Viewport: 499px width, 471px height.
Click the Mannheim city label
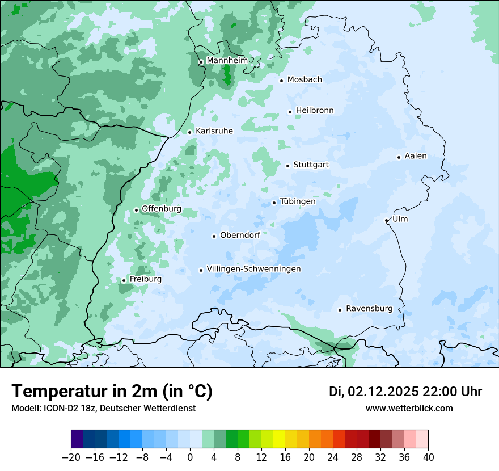[x=227, y=60]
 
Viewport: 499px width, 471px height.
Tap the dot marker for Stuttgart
[x=288, y=166]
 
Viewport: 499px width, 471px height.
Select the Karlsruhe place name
[x=214, y=131]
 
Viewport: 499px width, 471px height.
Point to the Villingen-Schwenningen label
[x=253, y=269]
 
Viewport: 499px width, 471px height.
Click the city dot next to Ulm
[x=387, y=220]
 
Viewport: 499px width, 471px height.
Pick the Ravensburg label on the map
[x=369, y=309]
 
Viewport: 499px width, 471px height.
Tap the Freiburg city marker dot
[x=124, y=280]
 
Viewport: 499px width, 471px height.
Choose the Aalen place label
[x=416, y=156]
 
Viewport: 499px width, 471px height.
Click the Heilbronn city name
[x=315, y=111]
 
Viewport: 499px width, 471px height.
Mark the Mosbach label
[x=305, y=79]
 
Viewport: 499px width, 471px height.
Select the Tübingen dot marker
[x=274, y=203]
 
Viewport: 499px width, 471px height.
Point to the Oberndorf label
[x=240, y=235]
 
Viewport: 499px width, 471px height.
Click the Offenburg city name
[x=162, y=209]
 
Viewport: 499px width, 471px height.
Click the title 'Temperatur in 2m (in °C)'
[x=112, y=392]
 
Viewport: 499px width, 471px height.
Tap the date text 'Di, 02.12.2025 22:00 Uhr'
[x=405, y=392]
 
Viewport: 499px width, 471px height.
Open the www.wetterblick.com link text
[x=409, y=409]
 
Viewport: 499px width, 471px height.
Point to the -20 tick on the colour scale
[x=71, y=457]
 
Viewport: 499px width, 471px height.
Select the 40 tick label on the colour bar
[x=428, y=457]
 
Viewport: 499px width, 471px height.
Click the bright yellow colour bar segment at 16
[x=279, y=439]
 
